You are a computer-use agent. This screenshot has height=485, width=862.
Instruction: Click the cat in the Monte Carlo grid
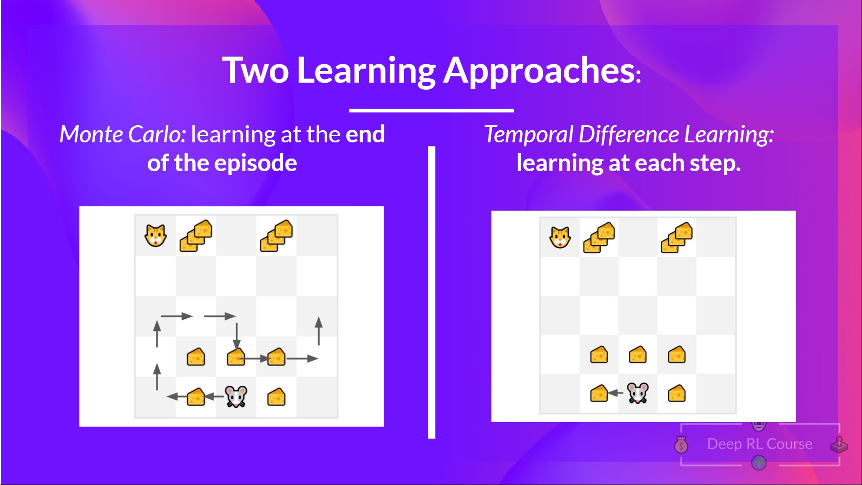tap(155, 235)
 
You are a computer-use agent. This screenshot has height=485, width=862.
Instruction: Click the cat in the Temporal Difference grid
tap(560, 237)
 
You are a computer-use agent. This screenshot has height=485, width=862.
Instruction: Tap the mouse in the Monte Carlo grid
tap(236, 396)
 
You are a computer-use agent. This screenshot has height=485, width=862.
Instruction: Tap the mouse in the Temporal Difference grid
tap(638, 393)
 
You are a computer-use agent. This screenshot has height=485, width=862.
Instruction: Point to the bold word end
tap(365, 134)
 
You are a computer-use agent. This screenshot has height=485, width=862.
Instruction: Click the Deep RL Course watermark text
tap(760, 444)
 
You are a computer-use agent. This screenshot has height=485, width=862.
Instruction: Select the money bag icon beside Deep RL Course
tap(682, 445)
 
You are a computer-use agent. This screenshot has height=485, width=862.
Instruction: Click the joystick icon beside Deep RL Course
tap(839, 445)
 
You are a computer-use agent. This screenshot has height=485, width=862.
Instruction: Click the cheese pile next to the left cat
tap(196, 235)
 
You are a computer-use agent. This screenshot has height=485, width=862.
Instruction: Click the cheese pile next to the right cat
tap(599, 238)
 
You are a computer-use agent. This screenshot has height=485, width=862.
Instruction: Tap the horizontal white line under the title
tap(431, 110)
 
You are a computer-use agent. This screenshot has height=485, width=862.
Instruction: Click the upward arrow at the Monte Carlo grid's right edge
tap(319, 331)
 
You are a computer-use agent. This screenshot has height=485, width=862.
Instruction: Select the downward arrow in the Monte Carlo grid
tap(237, 336)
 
